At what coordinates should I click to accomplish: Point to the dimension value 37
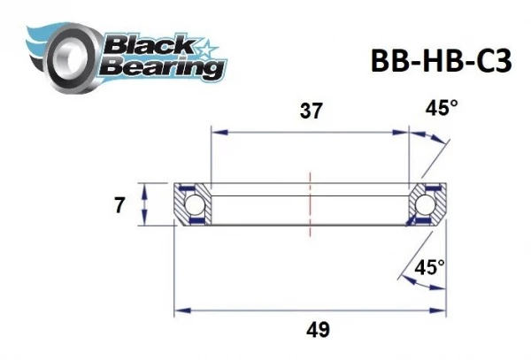(x=309, y=111)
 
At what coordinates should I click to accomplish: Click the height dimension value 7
(x=119, y=206)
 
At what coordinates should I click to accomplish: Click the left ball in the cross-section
(x=196, y=206)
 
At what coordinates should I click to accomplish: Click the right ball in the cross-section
(x=426, y=206)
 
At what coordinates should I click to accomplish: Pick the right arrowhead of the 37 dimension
(x=405, y=131)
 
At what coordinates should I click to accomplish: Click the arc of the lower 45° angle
(x=411, y=281)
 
